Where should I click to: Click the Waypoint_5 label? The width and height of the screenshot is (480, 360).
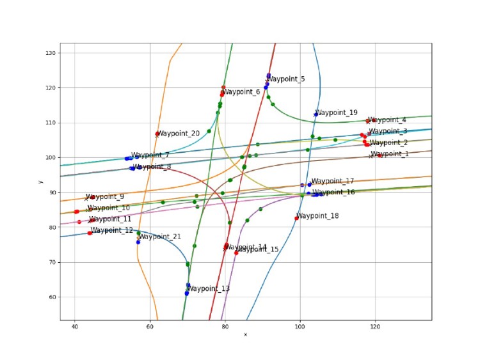pos(285,79)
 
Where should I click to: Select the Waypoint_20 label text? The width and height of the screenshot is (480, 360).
pos(179,134)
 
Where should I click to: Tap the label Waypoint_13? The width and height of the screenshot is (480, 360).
pos(208,289)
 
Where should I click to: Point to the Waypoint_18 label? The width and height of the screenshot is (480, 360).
pos(317,216)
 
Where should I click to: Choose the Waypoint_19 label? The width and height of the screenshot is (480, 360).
pos(337,113)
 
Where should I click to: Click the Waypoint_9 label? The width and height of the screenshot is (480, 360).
pos(106,197)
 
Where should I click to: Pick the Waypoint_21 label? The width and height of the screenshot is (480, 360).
pos(160,237)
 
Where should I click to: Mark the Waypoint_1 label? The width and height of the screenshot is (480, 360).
pos(390,154)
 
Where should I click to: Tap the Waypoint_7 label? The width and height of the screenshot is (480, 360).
pos(150,155)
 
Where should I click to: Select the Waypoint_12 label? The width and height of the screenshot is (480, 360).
pos(112,230)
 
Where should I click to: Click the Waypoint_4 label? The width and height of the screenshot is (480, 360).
pos(387,120)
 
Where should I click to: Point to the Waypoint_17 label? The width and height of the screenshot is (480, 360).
pos(332,182)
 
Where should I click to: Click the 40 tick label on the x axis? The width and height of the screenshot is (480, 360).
pos(75,327)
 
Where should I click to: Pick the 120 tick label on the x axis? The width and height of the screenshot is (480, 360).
pos(375,327)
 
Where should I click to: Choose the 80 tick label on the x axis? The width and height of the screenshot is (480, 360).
pos(225,327)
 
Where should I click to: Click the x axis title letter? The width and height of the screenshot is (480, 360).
pos(245,334)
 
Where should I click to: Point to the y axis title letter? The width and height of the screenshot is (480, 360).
pos(40,182)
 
